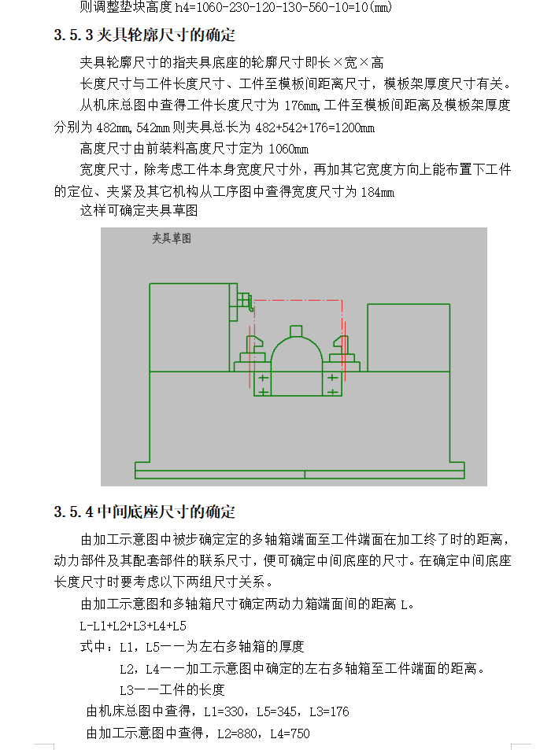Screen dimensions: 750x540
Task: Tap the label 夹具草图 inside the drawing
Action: coord(172,238)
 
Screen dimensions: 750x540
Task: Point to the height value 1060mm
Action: coord(288,149)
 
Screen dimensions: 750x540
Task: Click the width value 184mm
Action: coord(377,191)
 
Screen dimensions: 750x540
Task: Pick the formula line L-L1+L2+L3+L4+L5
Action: coord(133,626)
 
